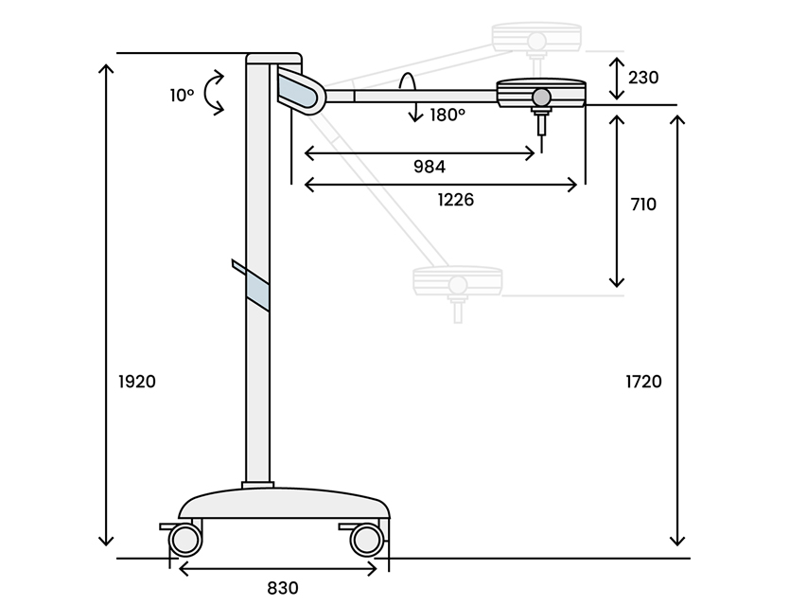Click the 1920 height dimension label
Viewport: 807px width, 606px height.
pyautogui.click(x=137, y=382)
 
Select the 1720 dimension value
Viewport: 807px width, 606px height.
pyautogui.click(x=644, y=382)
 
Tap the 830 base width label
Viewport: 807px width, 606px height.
pyautogui.click(x=283, y=588)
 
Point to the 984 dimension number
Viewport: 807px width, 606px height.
pyautogui.click(x=430, y=167)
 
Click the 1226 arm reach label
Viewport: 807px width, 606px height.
pyautogui.click(x=455, y=200)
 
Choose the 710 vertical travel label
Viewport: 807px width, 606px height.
pyautogui.click(x=643, y=205)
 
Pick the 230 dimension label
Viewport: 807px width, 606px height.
pyautogui.click(x=643, y=78)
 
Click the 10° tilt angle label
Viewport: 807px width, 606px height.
pyautogui.click(x=183, y=96)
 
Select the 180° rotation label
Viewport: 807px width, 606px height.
pyautogui.click(x=447, y=115)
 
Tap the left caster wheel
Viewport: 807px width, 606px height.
pyautogui.click(x=185, y=540)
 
